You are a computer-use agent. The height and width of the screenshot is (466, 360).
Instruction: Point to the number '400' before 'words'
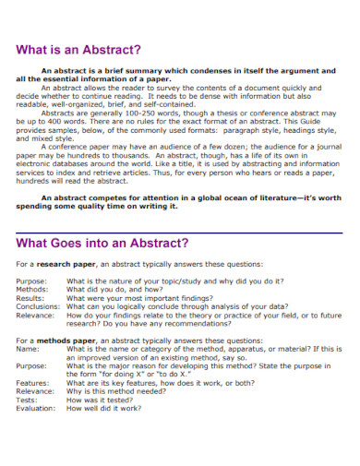pos(65,137)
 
